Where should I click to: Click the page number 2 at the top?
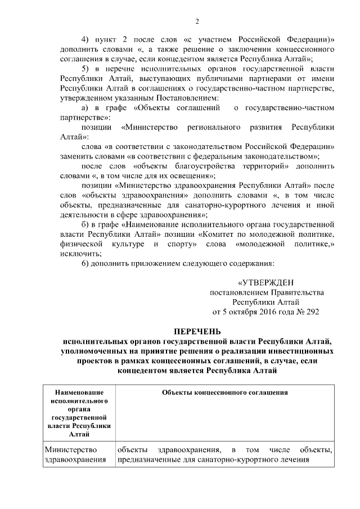point(197,21)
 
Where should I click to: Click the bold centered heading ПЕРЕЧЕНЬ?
point(197,331)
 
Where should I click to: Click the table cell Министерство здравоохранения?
point(75,455)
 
